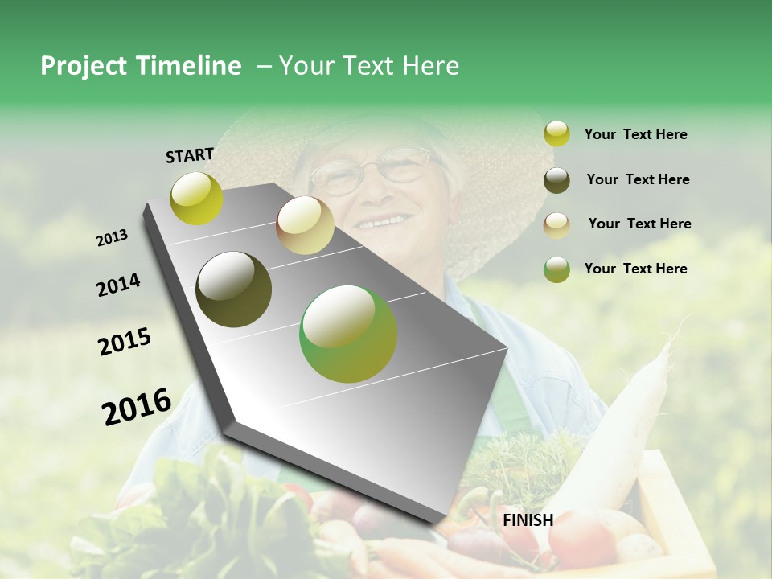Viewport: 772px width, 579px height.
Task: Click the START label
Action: (190, 155)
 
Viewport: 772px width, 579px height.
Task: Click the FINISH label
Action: (528, 520)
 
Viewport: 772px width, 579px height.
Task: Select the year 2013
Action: (112, 238)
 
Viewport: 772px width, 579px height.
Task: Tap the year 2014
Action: (118, 285)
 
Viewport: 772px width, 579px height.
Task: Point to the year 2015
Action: (125, 342)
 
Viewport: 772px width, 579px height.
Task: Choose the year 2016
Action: (137, 406)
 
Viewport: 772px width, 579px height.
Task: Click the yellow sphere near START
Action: (196, 198)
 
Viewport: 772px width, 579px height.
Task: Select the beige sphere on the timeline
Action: (305, 225)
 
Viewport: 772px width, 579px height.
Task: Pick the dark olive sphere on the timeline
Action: (234, 289)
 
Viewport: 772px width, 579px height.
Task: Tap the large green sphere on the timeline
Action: (348, 334)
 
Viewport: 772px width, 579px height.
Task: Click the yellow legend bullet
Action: (556, 133)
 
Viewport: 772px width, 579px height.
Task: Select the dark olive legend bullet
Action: (556, 179)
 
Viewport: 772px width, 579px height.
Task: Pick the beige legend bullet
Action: (556, 224)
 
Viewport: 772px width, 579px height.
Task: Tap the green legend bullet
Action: (556, 269)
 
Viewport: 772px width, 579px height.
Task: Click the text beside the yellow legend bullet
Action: (635, 134)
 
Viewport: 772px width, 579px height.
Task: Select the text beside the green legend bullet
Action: (635, 269)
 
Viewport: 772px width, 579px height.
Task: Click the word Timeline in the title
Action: (189, 66)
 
